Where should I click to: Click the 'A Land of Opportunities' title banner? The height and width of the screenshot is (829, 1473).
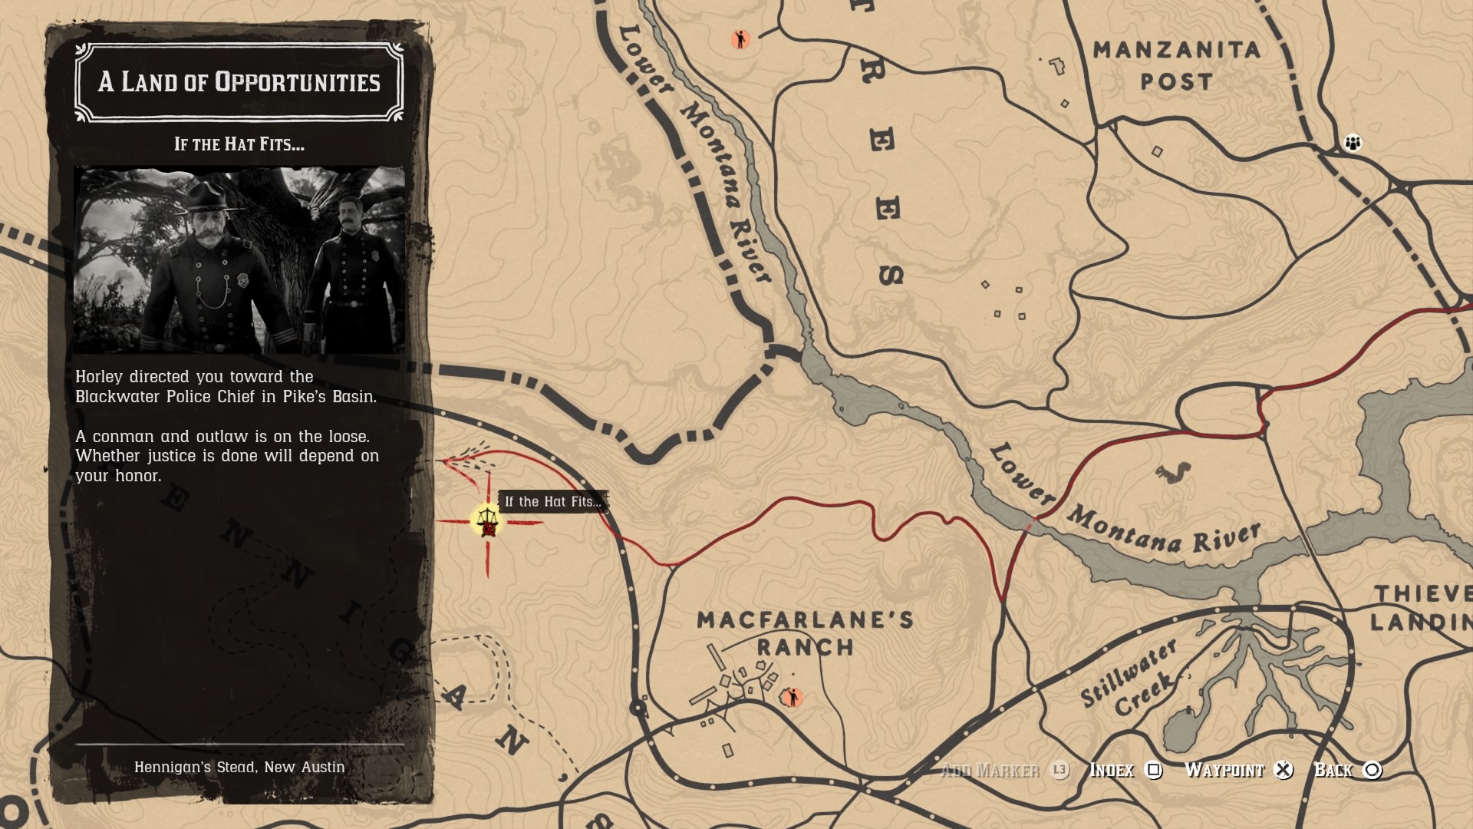pyautogui.click(x=239, y=82)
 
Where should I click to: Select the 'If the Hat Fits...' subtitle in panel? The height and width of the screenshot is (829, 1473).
pyautogui.click(x=239, y=144)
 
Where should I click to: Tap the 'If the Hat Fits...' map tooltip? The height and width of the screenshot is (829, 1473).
pyautogui.click(x=552, y=502)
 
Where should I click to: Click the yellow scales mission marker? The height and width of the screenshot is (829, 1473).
pyautogui.click(x=487, y=521)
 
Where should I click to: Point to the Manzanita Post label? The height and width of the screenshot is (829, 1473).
pyautogui.click(x=1176, y=65)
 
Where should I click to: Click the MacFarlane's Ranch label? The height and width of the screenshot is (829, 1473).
pyautogui.click(x=805, y=632)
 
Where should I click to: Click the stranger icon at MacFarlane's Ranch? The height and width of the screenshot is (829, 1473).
pyautogui.click(x=792, y=697)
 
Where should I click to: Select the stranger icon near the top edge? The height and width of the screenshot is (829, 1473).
pyautogui.click(x=740, y=39)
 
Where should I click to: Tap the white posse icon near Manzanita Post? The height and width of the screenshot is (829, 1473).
pyautogui.click(x=1353, y=143)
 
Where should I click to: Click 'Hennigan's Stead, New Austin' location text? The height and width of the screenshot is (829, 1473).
pyautogui.click(x=239, y=767)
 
